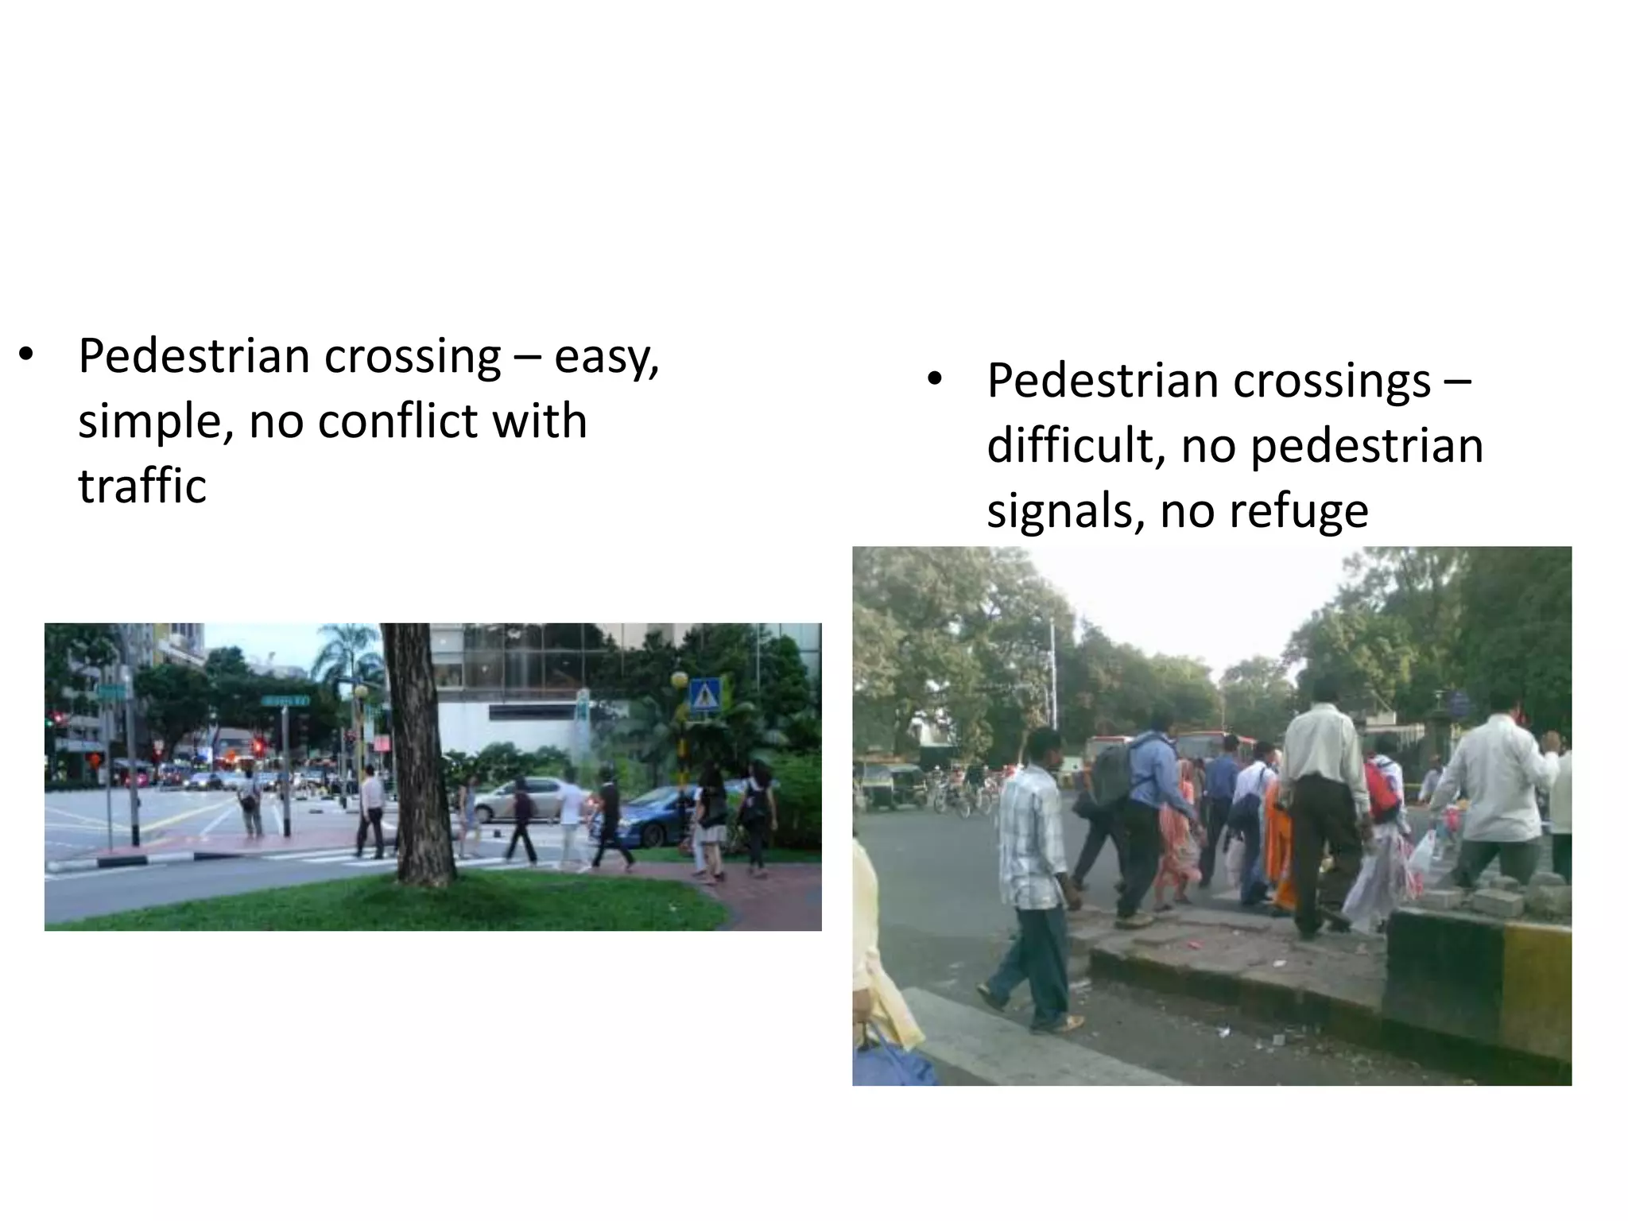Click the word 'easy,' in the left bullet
606,358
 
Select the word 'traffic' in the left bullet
142,486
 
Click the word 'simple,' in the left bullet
155,421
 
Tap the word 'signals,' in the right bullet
1065,511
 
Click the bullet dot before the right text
934,380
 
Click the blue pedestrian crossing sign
702,698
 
